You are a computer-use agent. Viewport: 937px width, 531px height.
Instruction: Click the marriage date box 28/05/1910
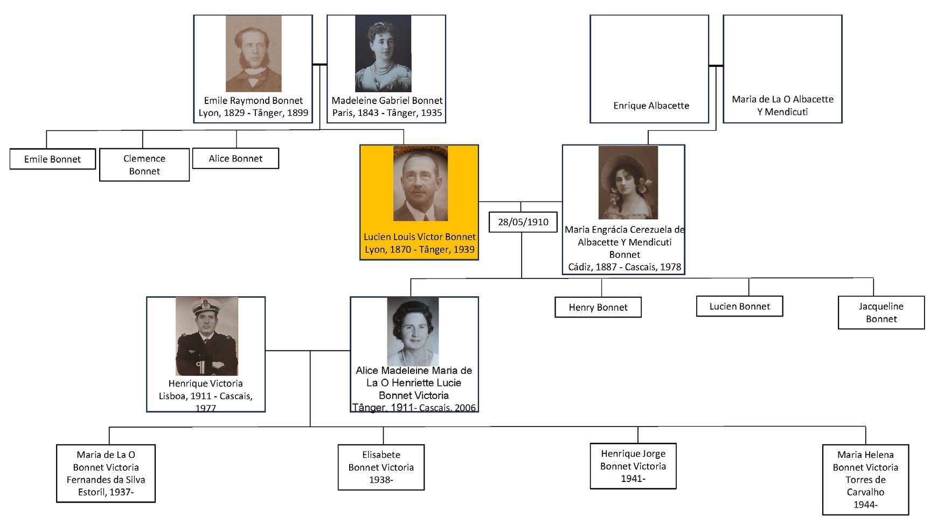click(523, 222)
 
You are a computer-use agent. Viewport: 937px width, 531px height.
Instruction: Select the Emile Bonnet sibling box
click(52, 159)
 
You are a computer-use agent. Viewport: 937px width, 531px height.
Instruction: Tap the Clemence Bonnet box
click(144, 165)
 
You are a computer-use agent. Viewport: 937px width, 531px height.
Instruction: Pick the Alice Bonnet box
click(235, 158)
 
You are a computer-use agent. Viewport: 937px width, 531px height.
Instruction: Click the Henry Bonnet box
click(598, 307)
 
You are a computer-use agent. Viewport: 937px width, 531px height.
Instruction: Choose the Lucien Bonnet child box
click(739, 306)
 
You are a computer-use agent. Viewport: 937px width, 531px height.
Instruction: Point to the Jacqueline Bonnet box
click(881, 312)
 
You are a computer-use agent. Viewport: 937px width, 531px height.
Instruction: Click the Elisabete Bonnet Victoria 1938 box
click(381, 467)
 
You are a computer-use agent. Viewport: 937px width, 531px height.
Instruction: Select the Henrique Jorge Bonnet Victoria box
click(633, 466)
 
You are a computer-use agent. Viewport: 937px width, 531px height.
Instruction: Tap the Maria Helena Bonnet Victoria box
click(865, 479)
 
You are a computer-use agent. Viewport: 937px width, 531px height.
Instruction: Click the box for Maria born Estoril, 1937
click(106, 473)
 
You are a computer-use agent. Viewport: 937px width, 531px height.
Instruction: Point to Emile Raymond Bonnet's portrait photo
click(253, 53)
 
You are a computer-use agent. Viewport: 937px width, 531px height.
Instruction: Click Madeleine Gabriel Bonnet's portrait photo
click(383, 53)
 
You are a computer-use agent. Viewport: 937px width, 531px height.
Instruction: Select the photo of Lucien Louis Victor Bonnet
click(420, 184)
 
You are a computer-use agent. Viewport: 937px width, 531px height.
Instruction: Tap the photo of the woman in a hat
click(628, 183)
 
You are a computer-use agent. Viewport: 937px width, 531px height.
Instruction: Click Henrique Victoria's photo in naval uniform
click(206, 336)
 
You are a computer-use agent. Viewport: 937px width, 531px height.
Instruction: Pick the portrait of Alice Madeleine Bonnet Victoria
click(413, 331)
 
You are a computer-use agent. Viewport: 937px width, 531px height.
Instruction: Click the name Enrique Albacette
click(651, 106)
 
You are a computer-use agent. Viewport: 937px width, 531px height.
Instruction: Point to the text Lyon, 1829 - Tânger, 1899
click(253, 113)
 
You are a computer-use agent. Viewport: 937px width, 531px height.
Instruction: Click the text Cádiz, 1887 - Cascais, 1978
click(624, 267)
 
